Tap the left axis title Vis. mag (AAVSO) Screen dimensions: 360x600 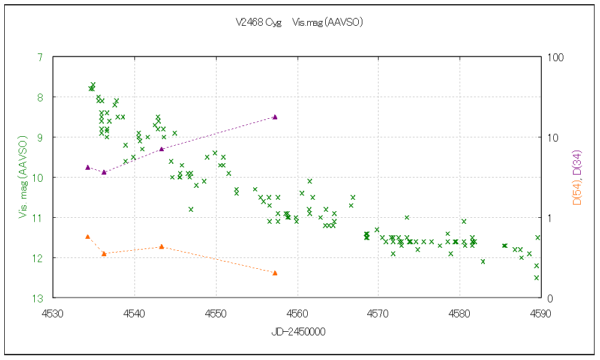(24, 177)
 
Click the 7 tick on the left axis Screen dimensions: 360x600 (40, 57)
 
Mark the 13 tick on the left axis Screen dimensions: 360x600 (38, 298)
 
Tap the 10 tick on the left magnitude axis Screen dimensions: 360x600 (38, 178)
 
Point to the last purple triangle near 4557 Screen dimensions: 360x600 (275, 117)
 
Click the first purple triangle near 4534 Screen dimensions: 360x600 (88, 167)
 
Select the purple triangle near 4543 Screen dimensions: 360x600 (162, 149)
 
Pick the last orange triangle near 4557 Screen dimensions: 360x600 (275, 273)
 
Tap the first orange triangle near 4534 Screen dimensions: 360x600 (88, 236)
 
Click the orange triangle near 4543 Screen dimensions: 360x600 (162, 247)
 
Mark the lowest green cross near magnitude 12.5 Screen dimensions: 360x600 (536, 277)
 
